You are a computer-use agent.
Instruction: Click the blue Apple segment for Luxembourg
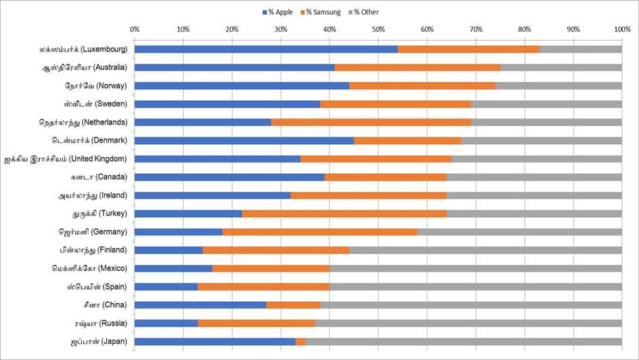click(266, 49)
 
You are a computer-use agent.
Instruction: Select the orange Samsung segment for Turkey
click(344, 214)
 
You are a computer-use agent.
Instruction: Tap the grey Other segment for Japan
click(463, 342)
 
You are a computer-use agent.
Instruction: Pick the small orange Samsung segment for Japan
click(300, 342)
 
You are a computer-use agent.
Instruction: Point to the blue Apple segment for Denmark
click(244, 141)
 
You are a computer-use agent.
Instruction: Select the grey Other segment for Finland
click(486, 250)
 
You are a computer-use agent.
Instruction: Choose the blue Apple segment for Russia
click(166, 323)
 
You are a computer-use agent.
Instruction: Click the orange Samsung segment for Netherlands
click(371, 122)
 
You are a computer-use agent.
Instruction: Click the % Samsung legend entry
click(324, 12)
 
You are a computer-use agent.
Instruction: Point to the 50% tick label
click(378, 30)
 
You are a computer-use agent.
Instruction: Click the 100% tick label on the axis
click(621, 30)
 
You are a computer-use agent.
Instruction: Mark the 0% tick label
click(135, 30)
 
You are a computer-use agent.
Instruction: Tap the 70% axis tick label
click(475, 30)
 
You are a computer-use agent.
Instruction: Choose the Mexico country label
click(90, 269)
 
